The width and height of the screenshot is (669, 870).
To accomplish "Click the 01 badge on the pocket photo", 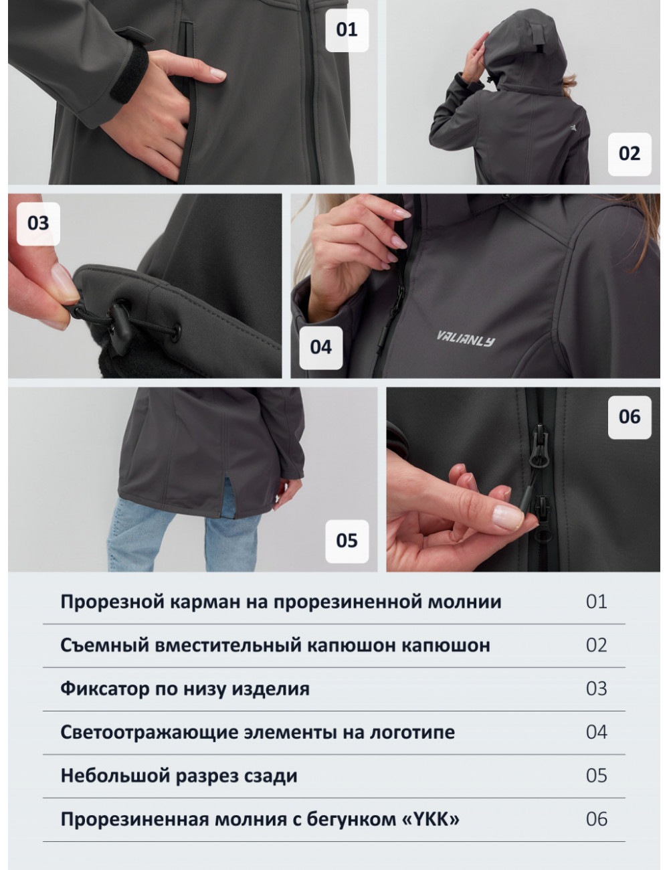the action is [x=347, y=30].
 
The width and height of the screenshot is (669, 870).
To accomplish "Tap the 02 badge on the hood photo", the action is [x=630, y=154].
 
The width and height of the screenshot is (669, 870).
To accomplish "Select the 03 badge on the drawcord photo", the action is [x=38, y=224].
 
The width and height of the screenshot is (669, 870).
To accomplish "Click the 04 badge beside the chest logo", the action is [x=321, y=347].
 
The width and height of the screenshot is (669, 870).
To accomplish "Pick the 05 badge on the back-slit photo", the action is [x=347, y=541].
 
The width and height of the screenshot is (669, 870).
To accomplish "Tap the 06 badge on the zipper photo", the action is [x=630, y=417].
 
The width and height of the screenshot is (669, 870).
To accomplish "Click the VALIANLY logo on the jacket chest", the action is [x=466, y=339].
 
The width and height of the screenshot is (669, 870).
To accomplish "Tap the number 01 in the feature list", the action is [x=597, y=602].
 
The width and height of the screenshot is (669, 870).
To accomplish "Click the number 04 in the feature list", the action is [x=597, y=732].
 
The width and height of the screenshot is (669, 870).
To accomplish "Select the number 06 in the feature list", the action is [x=597, y=819].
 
